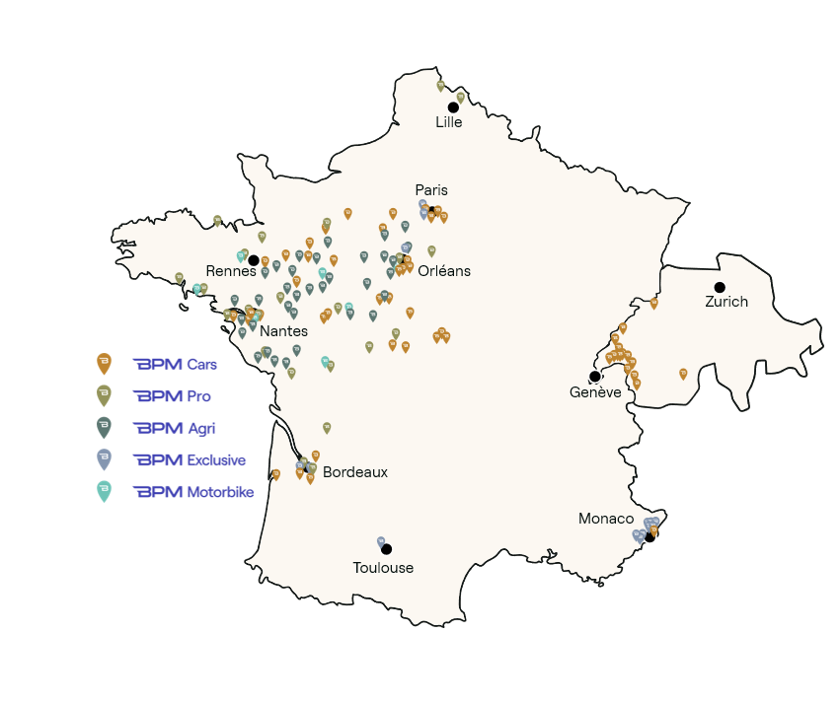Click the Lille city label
[x=449, y=123]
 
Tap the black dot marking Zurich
[x=720, y=287]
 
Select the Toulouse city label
[x=383, y=568]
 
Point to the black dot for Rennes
[x=254, y=260]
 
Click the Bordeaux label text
[x=355, y=472]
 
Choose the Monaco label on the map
[x=606, y=519]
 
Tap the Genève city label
[x=595, y=392]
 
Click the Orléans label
[x=444, y=271]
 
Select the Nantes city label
[x=283, y=331]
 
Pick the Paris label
[x=431, y=190]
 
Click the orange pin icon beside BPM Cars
[x=104, y=364]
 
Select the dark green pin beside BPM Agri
[x=104, y=427]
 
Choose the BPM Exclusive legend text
[x=190, y=459]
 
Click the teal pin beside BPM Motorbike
[x=104, y=490]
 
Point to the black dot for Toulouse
[x=387, y=549]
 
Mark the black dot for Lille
[x=453, y=107]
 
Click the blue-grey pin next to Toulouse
[x=380, y=541]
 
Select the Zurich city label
[x=726, y=302]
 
